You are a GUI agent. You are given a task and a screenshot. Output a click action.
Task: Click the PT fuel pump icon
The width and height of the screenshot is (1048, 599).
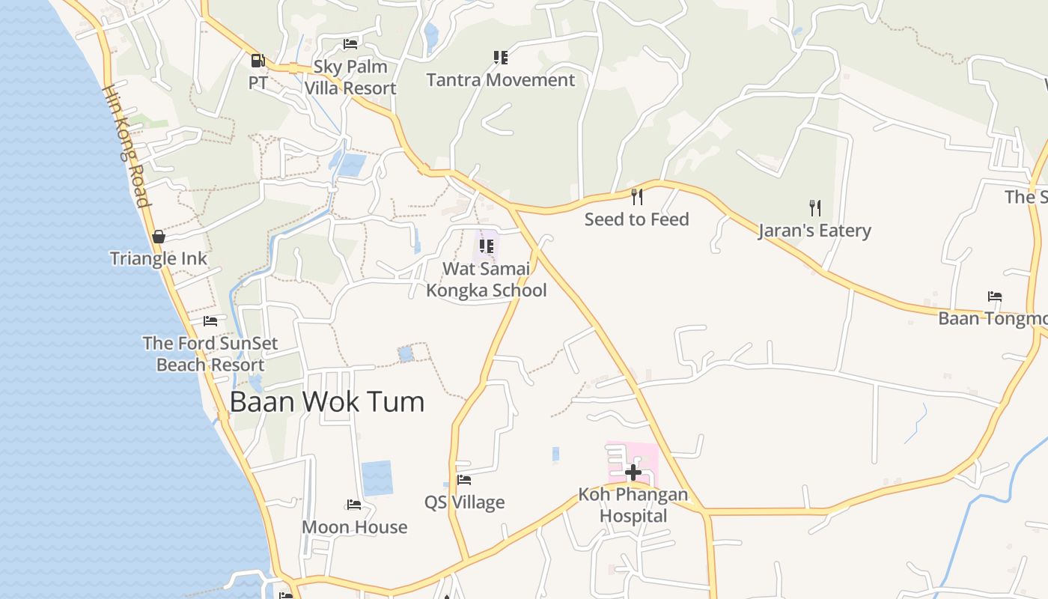pos(258,61)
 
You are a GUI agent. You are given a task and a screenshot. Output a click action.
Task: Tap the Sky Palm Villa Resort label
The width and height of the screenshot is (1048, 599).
pos(350,77)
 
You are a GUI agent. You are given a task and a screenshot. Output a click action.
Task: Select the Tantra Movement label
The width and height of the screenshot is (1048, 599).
pos(501,80)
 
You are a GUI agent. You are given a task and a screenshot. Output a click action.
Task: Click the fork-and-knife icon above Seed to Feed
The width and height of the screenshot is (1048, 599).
pos(637,197)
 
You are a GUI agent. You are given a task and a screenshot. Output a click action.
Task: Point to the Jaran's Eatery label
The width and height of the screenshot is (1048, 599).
pos(814,230)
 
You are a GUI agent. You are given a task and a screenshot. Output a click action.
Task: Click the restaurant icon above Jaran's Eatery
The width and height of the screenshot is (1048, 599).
pos(815,207)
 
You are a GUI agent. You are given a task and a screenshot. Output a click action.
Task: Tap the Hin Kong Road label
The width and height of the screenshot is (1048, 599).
pos(127,146)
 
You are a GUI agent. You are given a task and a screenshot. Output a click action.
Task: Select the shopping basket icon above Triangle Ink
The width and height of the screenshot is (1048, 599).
pos(159,237)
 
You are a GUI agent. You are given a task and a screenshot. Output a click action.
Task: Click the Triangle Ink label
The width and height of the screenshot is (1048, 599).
pos(159,259)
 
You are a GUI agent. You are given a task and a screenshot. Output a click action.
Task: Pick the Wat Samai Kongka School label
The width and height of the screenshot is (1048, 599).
pos(487,279)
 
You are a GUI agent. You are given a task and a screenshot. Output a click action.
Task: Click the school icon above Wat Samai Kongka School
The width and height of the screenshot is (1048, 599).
pos(487,246)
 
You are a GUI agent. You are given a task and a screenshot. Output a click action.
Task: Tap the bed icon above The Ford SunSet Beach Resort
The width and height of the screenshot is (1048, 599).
pos(210,321)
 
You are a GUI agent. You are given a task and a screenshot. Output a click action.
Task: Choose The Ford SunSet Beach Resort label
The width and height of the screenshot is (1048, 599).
pos(210,354)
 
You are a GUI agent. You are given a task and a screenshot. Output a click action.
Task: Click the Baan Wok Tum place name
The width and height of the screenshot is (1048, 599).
pos(327,402)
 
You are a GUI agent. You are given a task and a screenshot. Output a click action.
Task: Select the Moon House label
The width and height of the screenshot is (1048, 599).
pos(355,527)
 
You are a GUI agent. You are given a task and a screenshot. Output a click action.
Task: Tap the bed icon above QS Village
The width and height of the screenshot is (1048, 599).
pos(464,480)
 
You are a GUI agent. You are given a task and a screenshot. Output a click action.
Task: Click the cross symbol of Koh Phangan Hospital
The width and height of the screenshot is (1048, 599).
pos(633,472)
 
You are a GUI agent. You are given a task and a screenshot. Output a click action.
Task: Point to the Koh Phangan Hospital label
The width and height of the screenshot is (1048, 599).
pos(633,505)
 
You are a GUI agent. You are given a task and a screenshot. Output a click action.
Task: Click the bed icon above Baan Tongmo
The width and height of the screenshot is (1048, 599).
pos(995,297)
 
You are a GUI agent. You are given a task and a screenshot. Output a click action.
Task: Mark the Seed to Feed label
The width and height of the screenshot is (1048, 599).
pos(637,219)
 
